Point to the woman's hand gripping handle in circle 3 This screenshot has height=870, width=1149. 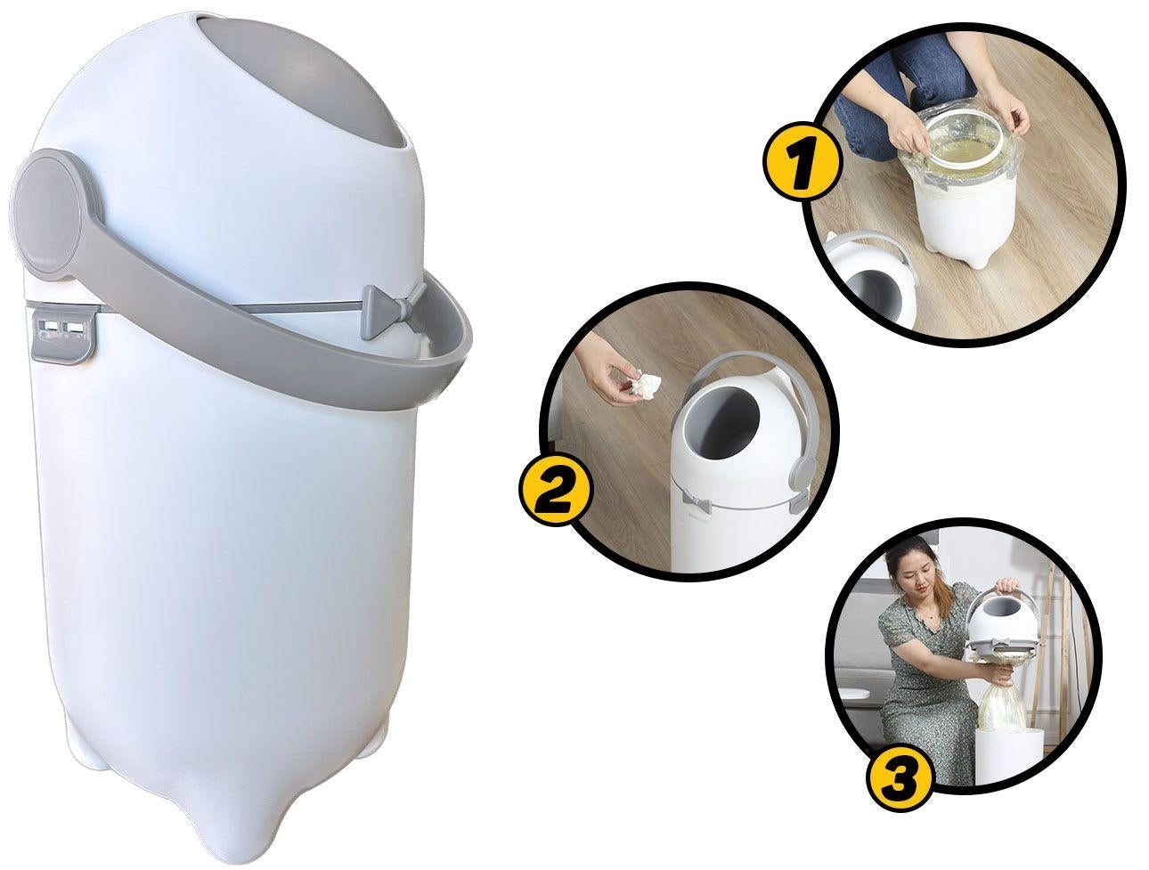pos(1006,586)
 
